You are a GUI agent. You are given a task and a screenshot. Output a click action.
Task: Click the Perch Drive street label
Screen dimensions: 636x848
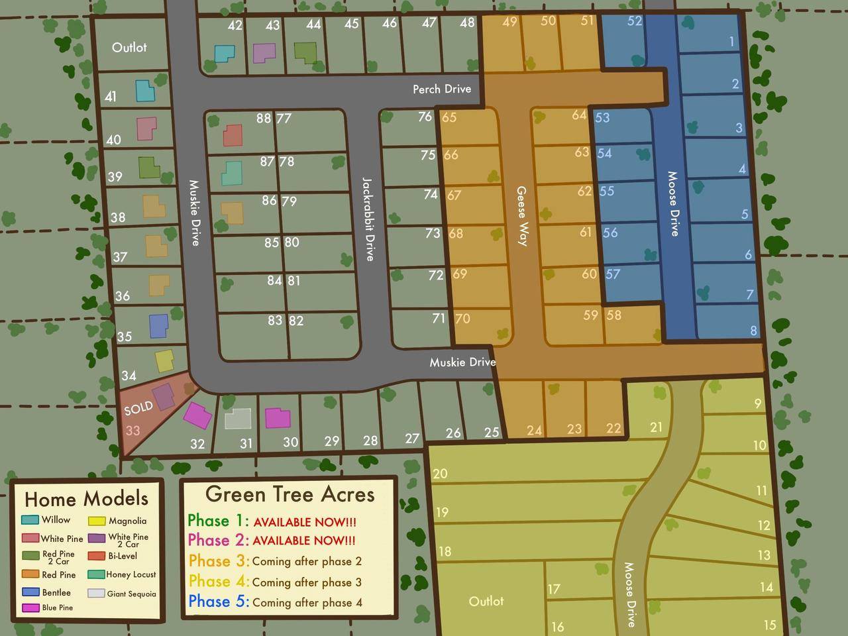coord(442,89)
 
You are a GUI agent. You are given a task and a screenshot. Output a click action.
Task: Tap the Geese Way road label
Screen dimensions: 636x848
coord(522,216)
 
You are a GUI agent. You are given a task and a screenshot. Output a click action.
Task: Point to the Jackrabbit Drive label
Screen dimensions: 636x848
coord(368,219)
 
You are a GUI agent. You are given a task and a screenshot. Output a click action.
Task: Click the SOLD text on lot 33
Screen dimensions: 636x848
coord(138,408)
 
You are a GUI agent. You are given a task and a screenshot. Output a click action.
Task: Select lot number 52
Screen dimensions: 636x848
coord(634,21)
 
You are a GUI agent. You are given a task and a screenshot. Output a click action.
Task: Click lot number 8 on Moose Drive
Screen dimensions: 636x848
coord(753,331)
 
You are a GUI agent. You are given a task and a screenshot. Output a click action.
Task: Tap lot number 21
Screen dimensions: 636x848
coord(656,427)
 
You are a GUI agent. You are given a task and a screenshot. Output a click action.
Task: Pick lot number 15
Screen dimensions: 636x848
coord(769,625)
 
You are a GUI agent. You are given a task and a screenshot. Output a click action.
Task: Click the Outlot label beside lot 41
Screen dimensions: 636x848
coord(129,48)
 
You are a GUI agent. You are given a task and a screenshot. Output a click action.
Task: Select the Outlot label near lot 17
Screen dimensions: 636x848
coord(486,601)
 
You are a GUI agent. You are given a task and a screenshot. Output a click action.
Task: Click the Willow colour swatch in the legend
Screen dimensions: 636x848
coord(30,520)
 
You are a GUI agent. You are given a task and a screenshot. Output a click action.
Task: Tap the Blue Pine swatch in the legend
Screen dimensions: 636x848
coord(30,608)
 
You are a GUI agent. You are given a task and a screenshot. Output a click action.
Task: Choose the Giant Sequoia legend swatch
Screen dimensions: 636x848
coord(96,594)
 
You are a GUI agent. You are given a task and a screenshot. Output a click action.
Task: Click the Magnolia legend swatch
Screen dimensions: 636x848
coord(97,521)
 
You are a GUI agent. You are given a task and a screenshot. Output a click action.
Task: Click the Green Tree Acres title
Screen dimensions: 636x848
coord(290,494)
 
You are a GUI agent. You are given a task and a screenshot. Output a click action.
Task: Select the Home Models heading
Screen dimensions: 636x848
coord(86,499)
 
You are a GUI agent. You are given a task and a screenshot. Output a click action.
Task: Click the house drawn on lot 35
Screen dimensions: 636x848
coord(158,325)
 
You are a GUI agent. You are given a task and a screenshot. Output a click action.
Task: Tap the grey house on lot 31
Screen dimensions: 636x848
coord(238,419)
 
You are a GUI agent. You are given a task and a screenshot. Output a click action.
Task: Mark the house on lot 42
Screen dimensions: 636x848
coord(225,53)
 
